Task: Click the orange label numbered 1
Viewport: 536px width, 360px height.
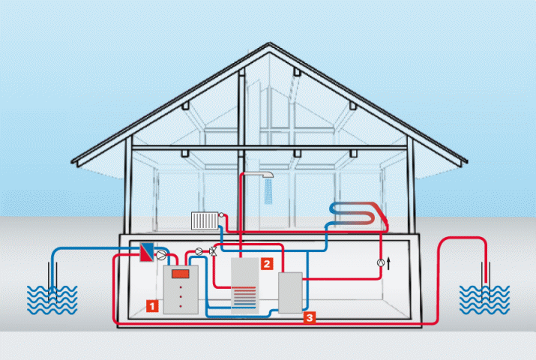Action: click(x=151, y=305)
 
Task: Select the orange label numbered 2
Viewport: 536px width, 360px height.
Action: click(x=265, y=263)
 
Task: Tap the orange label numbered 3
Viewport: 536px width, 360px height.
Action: click(x=310, y=318)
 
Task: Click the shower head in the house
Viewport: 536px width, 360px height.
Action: click(x=263, y=178)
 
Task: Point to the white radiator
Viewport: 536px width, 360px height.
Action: click(x=204, y=220)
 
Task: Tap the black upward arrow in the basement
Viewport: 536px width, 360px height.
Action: click(x=389, y=262)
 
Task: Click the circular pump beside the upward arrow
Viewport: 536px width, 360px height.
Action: click(x=380, y=262)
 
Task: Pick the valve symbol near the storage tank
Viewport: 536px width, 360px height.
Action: click(x=215, y=252)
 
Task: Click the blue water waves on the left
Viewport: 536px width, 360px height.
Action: click(x=52, y=299)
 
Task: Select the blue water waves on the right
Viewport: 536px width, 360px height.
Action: click(x=484, y=299)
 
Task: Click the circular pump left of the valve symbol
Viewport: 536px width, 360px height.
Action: click(x=199, y=251)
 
